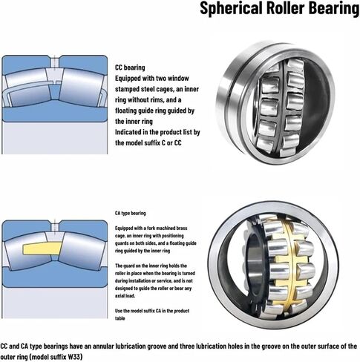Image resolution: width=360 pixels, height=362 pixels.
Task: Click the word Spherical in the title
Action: pyautogui.click(x=231, y=8)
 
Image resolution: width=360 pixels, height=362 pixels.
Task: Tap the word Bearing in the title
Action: pyautogui.click(x=334, y=8)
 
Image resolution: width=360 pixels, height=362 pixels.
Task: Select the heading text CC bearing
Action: pyautogui.click(x=130, y=68)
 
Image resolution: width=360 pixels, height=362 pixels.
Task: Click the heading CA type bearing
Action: pyautogui.click(x=131, y=213)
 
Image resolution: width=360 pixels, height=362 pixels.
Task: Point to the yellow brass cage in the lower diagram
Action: pyautogui.click(x=42, y=249)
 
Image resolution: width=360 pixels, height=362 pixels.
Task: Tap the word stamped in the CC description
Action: pyautogui.click(x=127, y=89)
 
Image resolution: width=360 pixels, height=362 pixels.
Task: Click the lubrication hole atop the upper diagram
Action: pyautogui.click(x=54, y=62)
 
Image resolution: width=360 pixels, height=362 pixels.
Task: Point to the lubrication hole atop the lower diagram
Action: pyautogui.click(x=54, y=226)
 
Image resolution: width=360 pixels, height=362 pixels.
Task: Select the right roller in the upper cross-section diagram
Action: pyautogui.click(x=82, y=88)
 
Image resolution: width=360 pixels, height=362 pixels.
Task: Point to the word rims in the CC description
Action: pyautogui.click(x=157, y=100)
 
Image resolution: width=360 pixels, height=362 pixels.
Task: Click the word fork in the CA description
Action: pyautogui.click(x=150, y=228)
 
